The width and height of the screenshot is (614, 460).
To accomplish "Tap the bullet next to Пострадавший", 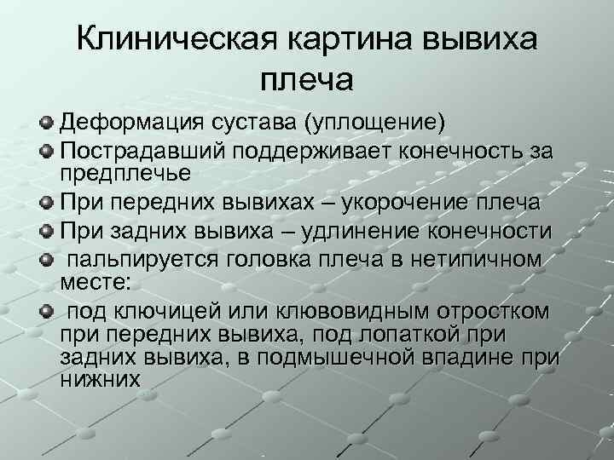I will point(46,151).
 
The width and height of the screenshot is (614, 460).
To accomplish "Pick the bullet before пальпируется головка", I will point(46,259).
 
